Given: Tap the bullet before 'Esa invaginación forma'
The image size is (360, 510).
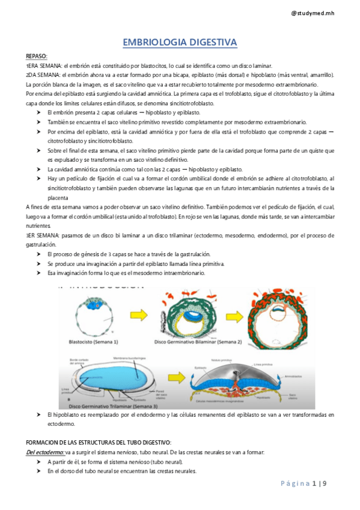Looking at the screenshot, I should pos(39,272).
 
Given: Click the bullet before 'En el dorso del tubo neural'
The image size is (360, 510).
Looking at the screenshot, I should pos(39,472).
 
